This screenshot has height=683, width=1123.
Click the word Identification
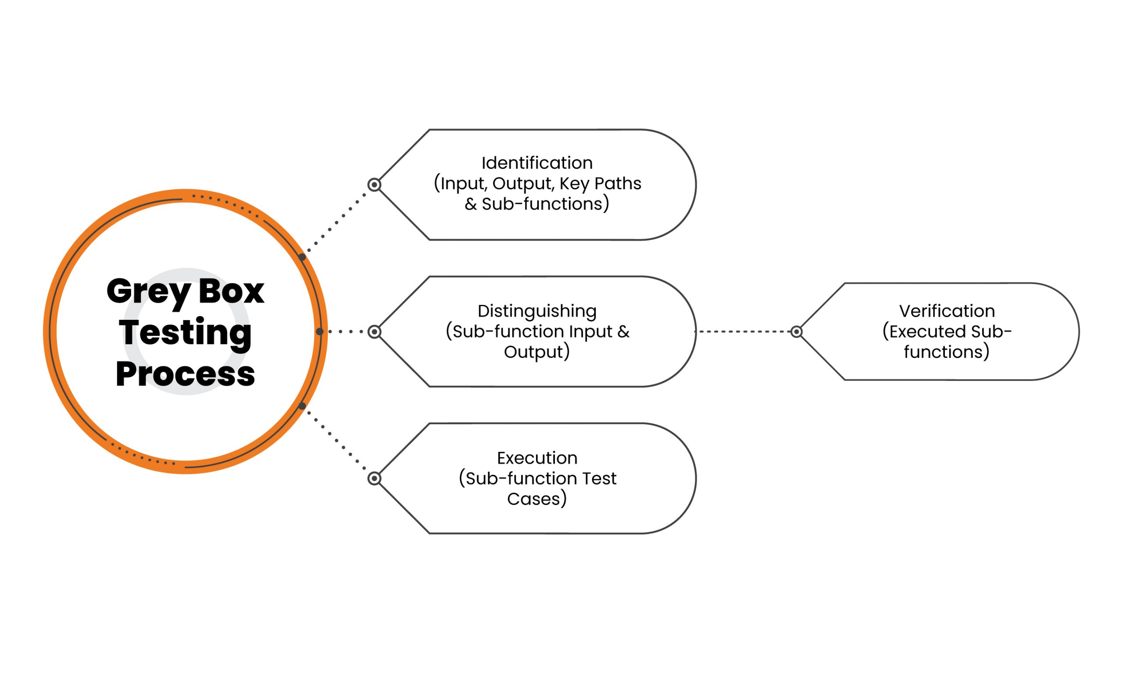tap(537, 163)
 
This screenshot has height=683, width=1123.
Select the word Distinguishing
tap(537, 311)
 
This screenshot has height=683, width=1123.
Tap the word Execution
tap(537, 458)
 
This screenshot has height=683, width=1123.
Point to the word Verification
tap(947, 311)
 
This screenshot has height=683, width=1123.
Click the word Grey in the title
tap(148, 293)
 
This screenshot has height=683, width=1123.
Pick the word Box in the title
tap(232, 291)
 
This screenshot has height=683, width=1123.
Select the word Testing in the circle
tap(185, 333)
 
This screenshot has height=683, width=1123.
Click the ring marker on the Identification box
tap(374, 185)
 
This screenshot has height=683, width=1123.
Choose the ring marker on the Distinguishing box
tap(374, 332)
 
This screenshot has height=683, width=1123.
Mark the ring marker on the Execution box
tap(374, 479)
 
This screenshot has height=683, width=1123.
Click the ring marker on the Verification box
tap(796, 332)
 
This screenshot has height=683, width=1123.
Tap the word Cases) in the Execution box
tap(537, 499)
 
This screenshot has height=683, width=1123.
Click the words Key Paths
tap(600, 184)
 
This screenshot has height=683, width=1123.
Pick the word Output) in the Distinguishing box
tap(537, 352)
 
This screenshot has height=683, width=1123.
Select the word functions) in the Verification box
tap(947, 352)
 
